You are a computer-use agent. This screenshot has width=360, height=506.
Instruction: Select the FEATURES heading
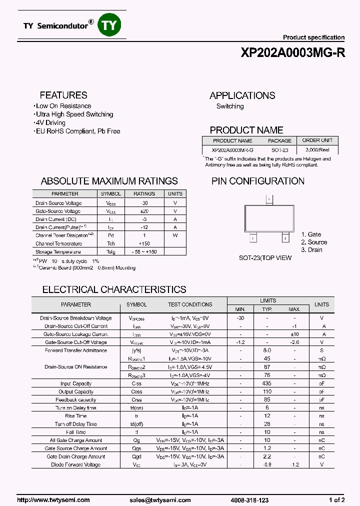coord(63,95)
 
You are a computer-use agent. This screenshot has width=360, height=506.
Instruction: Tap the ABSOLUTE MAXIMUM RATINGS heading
coord(109,181)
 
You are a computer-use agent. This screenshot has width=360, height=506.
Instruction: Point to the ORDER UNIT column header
coord(317,140)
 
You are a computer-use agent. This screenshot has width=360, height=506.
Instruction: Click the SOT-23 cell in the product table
coord(280,150)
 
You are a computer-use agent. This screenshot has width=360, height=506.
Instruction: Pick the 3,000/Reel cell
coord(317,150)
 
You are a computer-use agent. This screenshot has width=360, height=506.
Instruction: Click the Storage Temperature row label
coord(58,252)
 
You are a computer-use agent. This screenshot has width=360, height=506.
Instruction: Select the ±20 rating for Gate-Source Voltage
coord(144,211)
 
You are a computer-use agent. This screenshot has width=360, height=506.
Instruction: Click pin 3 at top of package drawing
coord(269,199)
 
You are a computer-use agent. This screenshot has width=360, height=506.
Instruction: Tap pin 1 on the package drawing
coord(253,238)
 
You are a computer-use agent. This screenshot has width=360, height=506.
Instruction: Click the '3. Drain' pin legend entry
coord(311,250)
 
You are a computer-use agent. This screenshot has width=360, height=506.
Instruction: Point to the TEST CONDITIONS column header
coord(190,304)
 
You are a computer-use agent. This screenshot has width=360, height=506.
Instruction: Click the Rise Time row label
coord(76,416)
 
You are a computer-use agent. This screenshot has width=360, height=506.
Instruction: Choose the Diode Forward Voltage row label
coord(75,464)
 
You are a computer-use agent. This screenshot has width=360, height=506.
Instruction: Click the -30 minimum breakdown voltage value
coord(240,318)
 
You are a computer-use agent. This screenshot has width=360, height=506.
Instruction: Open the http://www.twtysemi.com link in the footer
coord(53,500)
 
